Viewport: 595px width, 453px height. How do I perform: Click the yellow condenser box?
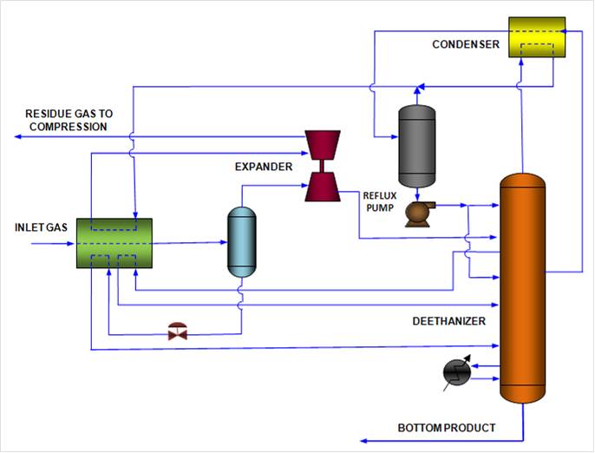point(535,37)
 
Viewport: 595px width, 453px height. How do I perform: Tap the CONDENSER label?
point(466,44)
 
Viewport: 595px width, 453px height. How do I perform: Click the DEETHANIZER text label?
point(448,321)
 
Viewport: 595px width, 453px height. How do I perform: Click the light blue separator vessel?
point(241,242)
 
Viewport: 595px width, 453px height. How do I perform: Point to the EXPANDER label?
point(264,165)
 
